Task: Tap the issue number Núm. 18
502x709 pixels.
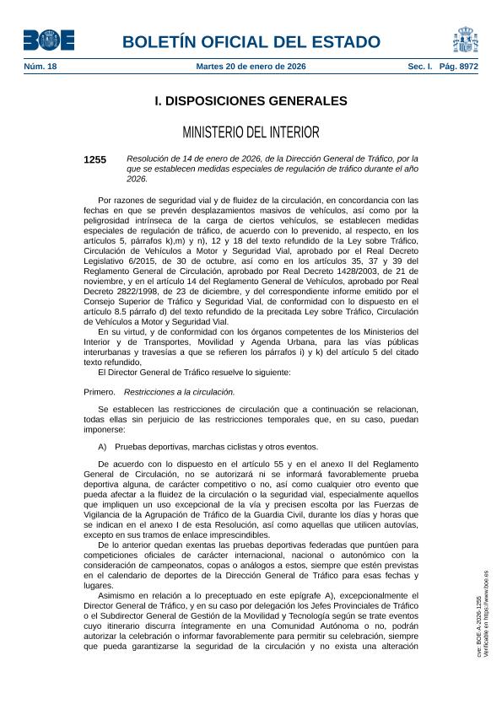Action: pyautogui.click(x=40, y=66)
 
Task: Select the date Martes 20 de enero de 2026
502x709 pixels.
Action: pyautogui.click(x=251, y=66)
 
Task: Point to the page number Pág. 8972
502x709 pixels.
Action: pyautogui.click(x=460, y=66)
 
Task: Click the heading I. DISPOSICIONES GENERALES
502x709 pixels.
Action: pyautogui.click(x=251, y=101)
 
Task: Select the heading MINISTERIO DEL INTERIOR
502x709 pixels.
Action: pyautogui.click(x=251, y=132)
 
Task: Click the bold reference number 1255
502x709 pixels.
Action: pyautogui.click(x=95, y=159)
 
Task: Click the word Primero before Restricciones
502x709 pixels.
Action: pyautogui.click(x=100, y=392)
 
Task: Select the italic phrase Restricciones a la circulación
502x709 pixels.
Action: pyautogui.click(x=179, y=392)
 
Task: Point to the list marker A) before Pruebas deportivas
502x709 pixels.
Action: pyautogui.click(x=103, y=447)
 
